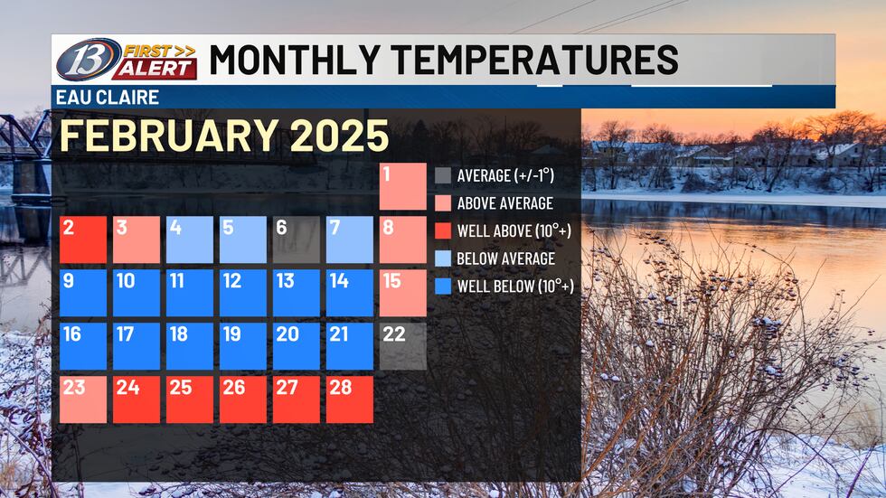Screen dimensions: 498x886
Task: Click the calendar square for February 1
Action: [x=403, y=186]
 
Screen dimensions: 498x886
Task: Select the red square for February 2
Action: [x=84, y=240]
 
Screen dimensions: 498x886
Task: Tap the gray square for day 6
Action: [x=297, y=240]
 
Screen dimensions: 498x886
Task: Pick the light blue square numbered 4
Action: [x=190, y=240]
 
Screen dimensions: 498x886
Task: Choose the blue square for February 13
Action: [x=297, y=293]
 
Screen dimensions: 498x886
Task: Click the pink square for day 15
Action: [x=403, y=293]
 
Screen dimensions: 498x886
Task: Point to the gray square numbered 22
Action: [x=403, y=346]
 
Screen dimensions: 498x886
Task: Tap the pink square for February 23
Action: [x=84, y=399]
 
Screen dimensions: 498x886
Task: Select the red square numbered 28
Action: [x=350, y=399]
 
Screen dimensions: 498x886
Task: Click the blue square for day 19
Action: [x=243, y=346]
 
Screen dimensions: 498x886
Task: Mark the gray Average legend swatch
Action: [x=443, y=175]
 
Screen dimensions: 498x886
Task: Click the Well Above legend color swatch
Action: [x=443, y=231]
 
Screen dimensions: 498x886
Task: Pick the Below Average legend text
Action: [x=505, y=259]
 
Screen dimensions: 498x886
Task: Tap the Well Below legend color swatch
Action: [x=443, y=287]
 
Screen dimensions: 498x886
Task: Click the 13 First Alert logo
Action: [x=126, y=60]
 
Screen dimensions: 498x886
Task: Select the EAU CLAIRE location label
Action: [x=95, y=98]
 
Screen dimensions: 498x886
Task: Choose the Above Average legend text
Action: [x=504, y=203]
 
